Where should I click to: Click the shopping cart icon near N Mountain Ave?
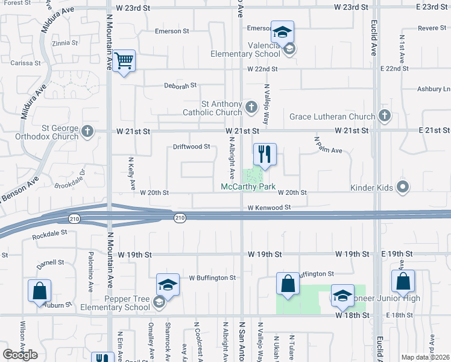pos(124,60)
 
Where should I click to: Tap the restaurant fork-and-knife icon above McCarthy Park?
pos(263,154)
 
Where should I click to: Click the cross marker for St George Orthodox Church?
pos(87,130)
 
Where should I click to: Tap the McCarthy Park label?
pos(248,187)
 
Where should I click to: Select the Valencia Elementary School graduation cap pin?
pos(282,33)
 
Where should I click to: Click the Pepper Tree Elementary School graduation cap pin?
pos(168,285)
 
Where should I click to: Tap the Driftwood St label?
pos(191,146)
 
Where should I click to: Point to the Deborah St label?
pos(180,85)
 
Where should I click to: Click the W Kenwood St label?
pos(269,208)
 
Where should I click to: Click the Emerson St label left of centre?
pos(172,31)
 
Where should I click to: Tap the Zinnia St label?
pos(65,43)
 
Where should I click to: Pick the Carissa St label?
pos(25,62)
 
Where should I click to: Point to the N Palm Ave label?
pos(329,145)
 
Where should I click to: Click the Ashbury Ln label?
pos(434,89)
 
